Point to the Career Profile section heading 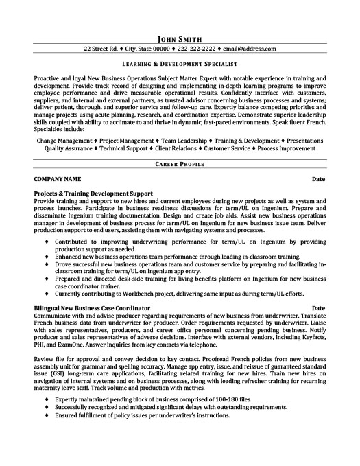[x=180, y=165]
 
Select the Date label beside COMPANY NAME [x=318, y=179]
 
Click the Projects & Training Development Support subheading [x=93, y=194]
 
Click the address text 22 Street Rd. [x=103, y=50]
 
